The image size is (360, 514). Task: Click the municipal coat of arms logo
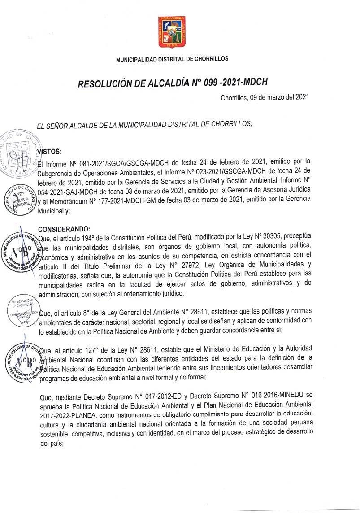[x=172, y=32]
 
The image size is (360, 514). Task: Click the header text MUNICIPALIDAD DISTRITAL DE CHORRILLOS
[x=172, y=59]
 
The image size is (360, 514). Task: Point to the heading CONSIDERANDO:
[x=64, y=229]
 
